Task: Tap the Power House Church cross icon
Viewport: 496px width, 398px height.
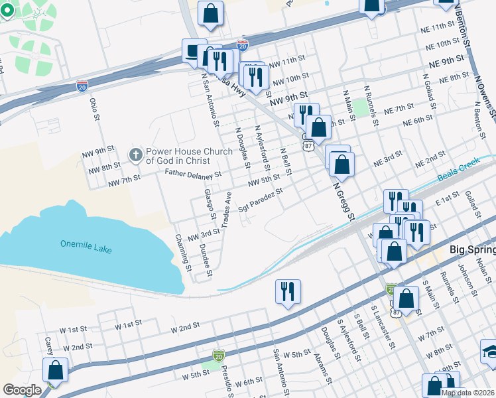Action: point(136,156)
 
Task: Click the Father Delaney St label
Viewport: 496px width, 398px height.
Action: point(192,174)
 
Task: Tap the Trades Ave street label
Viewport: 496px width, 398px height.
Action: point(226,210)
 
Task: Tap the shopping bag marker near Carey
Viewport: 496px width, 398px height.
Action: point(56,371)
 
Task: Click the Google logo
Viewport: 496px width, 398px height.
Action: point(22,390)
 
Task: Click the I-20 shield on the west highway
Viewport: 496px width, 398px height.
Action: point(82,86)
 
